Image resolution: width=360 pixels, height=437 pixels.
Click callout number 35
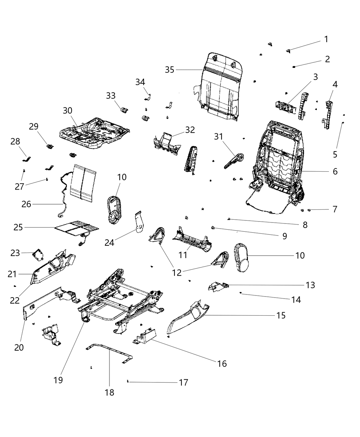[169, 70]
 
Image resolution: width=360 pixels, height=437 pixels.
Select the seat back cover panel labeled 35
[219, 89]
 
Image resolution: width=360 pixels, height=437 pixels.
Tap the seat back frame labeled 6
[279, 161]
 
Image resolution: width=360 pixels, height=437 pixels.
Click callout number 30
[68, 110]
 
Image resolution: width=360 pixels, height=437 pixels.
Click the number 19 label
[58, 380]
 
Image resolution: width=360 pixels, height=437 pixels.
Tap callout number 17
[184, 382]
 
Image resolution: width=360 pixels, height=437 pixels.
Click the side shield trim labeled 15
[187, 317]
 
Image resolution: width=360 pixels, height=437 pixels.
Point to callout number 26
[26, 204]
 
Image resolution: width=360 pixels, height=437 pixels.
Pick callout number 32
[190, 130]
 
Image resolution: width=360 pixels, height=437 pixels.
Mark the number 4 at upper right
[335, 84]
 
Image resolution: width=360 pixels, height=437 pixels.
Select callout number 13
[310, 285]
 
